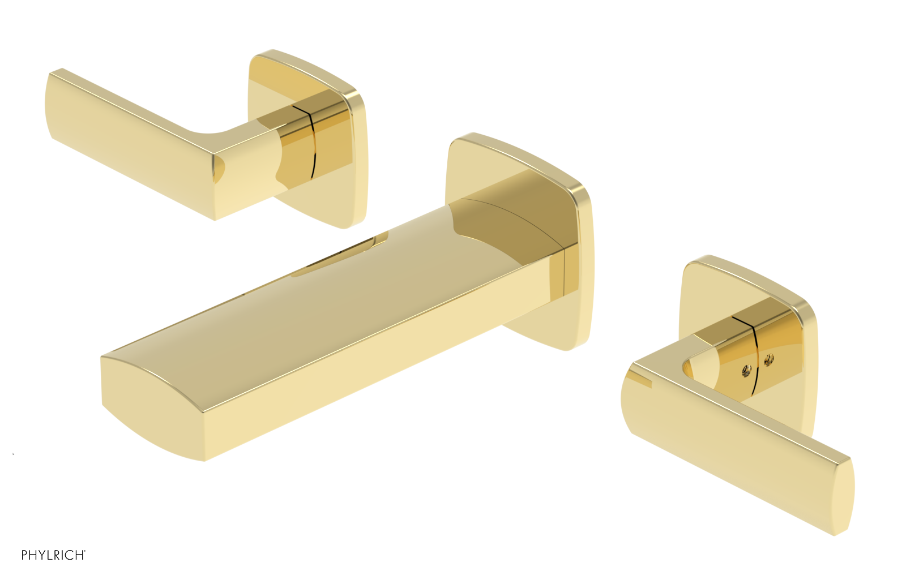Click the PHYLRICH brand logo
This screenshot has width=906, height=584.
tap(53, 555)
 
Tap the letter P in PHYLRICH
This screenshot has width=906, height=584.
tap(24, 555)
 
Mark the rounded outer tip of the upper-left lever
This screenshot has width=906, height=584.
tap(51, 105)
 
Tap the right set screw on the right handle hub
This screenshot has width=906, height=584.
tap(768, 358)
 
